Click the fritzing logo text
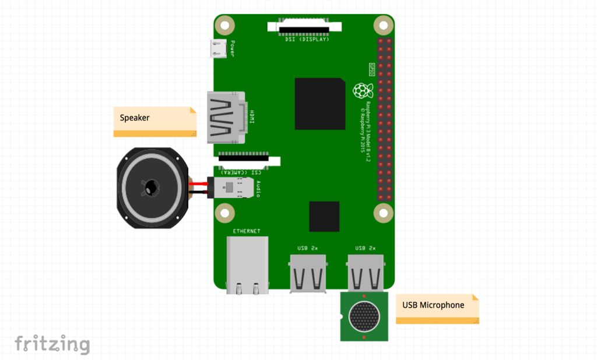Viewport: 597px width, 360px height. (x=52, y=344)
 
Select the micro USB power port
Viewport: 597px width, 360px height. (x=219, y=49)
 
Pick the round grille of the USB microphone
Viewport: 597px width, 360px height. (x=364, y=316)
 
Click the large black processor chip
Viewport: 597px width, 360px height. (x=319, y=104)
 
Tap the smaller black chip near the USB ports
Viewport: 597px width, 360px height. (x=324, y=216)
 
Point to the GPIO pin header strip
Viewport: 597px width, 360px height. (x=384, y=119)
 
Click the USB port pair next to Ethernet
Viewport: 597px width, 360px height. (x=307, y=272)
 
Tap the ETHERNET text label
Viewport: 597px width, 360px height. (x=247, y=231)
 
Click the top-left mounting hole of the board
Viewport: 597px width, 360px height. (x=224, y=25)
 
